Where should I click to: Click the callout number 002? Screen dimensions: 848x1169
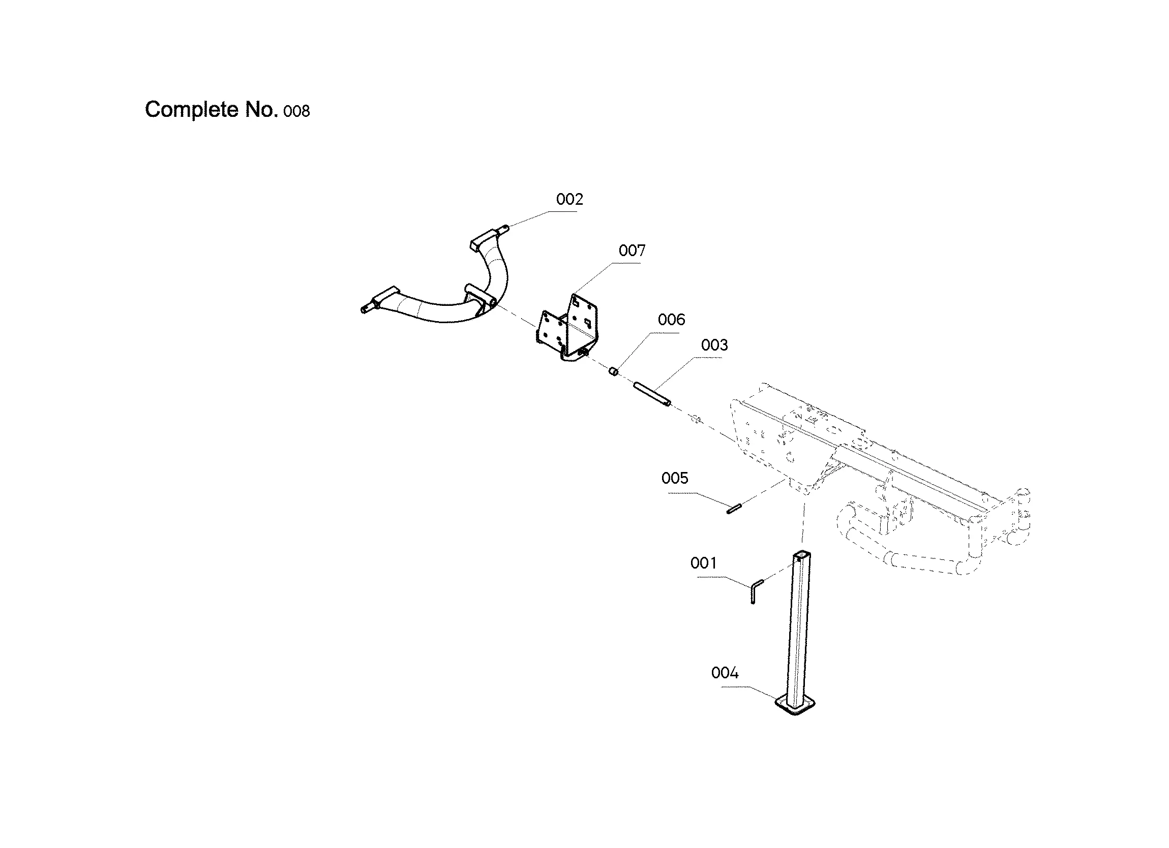[569, 199]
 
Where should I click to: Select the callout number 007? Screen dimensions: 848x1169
[632, 251]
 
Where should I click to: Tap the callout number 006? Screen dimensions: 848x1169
[671, 320]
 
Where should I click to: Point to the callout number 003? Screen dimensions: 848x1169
[714, 345]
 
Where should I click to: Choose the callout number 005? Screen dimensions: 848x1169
[674, 479]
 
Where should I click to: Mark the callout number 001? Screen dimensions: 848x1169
[703, 563]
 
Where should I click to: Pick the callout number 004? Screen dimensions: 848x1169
[724, 673]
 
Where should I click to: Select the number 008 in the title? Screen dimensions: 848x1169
[296, 111]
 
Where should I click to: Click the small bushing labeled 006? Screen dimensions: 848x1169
[613, 371]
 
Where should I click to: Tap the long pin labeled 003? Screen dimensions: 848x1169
[651, 394]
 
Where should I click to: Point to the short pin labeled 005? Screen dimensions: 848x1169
[733, 509]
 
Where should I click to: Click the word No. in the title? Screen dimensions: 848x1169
[262, 110]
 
